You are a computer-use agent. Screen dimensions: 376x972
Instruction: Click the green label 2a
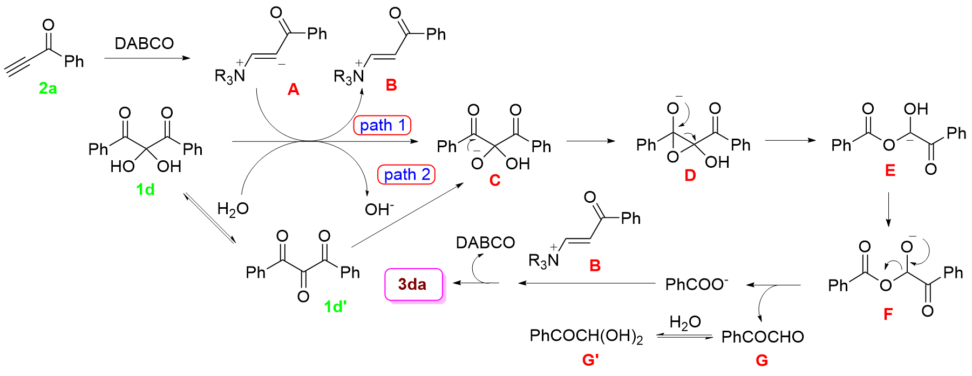[47, 87]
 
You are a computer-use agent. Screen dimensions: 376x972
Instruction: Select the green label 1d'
[335, 306]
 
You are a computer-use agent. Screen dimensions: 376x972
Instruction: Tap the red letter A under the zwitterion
[293, 89]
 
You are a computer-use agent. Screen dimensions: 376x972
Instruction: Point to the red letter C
[494, 180]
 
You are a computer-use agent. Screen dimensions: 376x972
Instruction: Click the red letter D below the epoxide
[690, 175]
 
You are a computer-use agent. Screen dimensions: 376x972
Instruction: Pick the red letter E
[890, 170]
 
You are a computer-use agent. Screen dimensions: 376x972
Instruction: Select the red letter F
[888, 313]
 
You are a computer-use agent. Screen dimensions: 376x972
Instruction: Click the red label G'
[590, 359]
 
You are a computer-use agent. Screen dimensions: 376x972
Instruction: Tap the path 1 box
[382, 125]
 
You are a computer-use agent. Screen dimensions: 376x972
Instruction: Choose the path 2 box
[406, 174]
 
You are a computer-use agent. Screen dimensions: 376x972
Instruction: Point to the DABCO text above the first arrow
[144, 43]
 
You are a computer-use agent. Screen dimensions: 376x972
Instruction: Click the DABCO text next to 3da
[485, 243]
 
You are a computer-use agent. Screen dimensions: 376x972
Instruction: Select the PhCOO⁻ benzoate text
[696, 284]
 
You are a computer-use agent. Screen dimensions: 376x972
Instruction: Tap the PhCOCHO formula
[762, 337]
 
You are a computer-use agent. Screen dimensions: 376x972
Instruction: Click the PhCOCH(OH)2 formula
[586, 336]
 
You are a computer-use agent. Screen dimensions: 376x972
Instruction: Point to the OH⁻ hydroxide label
[379, 209]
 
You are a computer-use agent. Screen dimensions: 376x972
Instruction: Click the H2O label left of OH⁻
[233, 209]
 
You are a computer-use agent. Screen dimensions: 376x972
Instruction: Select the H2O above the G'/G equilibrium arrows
[685, 323]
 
